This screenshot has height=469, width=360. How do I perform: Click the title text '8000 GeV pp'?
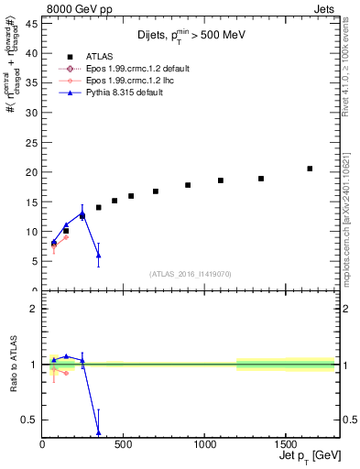(75, 9)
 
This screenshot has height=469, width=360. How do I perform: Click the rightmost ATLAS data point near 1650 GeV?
(310, 169)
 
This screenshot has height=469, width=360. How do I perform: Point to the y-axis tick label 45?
(31, 24)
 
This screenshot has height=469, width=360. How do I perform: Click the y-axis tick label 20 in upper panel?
(31, 172)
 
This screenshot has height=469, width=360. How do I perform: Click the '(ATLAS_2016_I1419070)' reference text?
(191, 273)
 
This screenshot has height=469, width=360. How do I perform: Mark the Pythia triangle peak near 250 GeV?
(82, 213)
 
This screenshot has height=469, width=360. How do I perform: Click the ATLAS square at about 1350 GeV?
(261, 179)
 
